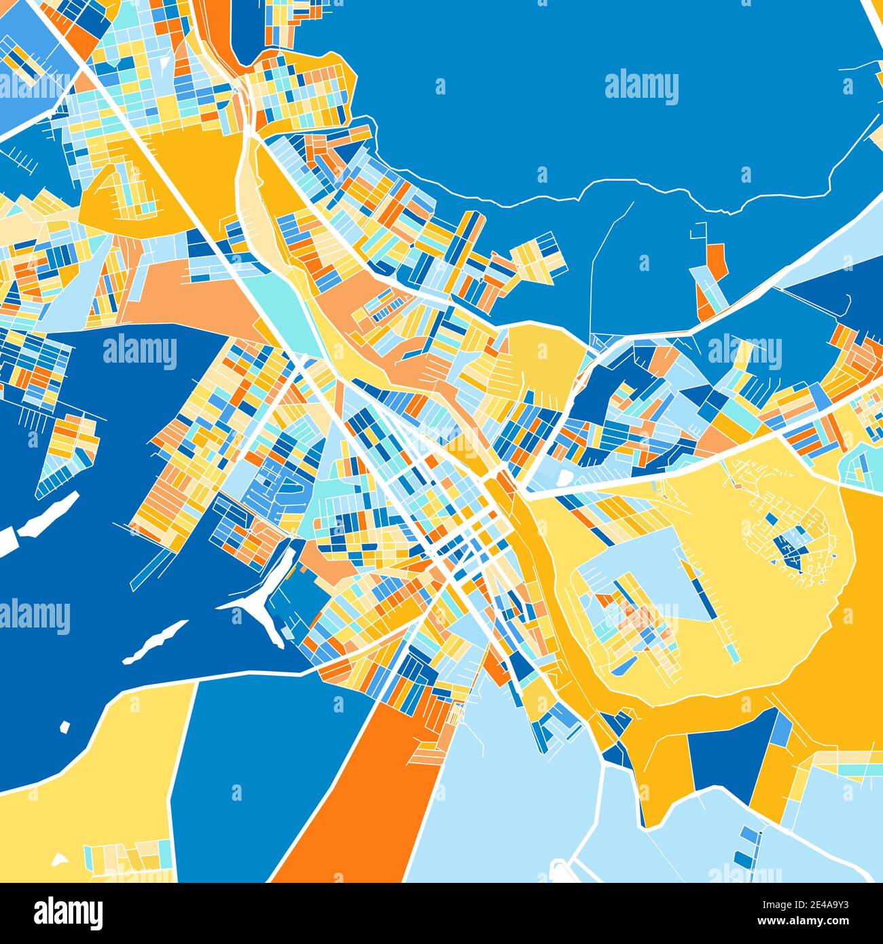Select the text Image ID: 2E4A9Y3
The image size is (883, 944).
(806, 905)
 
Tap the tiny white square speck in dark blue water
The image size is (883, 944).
(65, 727)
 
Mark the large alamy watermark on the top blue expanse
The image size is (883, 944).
(641, 87)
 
